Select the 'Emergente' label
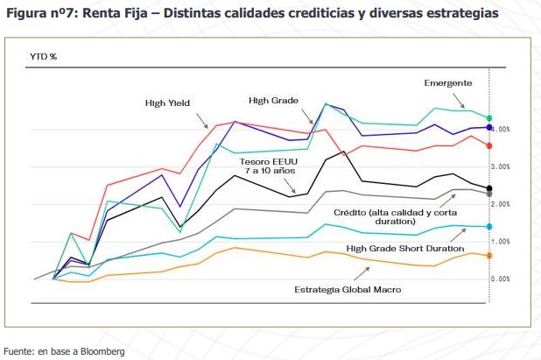[448, 82]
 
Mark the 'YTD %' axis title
[45, 56]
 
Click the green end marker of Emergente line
[489, 117]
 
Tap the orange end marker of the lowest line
[489, 255]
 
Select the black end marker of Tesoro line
[489, 188]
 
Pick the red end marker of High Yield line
[489, 145]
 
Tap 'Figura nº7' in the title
[39, 14]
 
